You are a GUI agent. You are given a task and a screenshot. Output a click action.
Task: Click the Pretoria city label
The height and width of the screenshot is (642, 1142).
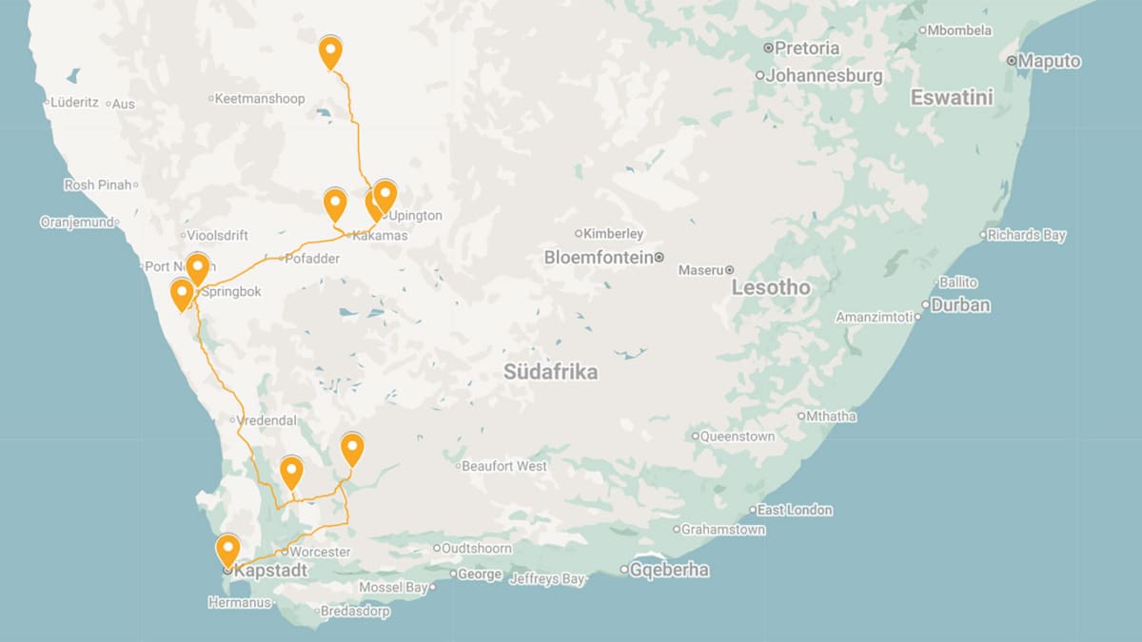pos(807,48)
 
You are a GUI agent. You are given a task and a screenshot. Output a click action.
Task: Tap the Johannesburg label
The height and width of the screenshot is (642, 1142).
pos(824,75)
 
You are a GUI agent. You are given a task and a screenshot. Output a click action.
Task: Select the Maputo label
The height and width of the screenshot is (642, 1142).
pos(1049,61)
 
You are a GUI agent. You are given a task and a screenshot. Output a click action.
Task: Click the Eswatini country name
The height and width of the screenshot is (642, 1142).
pos(952,97)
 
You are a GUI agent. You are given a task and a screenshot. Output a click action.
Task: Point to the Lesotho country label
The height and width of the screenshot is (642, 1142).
pos(771,287)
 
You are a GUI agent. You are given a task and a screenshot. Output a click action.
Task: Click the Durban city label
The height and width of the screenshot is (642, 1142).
pos(960,305)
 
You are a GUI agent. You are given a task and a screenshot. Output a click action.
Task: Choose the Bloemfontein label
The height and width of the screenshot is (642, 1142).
pos(599,258)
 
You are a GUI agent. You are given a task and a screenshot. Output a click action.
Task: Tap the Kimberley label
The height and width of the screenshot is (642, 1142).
pos(613,233)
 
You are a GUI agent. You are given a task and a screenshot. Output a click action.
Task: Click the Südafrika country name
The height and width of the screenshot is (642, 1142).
pos(551,372)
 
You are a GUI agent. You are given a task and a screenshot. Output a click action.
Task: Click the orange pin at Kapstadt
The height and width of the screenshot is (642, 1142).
pos(227,550)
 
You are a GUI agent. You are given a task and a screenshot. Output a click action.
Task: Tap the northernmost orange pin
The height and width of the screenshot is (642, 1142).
pos(330,51)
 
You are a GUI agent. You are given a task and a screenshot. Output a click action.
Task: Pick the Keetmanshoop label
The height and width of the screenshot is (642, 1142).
pos(259,98)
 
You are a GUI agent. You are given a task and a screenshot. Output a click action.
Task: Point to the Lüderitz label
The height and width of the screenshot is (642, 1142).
pos(75,102)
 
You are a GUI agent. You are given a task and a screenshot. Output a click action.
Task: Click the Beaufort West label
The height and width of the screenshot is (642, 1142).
pos(504,466)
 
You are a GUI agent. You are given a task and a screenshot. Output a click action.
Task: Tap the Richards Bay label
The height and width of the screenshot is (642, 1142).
pos(1027,235)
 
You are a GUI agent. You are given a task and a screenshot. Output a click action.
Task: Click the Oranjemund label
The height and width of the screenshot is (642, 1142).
pos(76,222)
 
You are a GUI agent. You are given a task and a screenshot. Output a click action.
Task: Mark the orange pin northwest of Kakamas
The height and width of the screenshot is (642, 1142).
pos(335,204)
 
